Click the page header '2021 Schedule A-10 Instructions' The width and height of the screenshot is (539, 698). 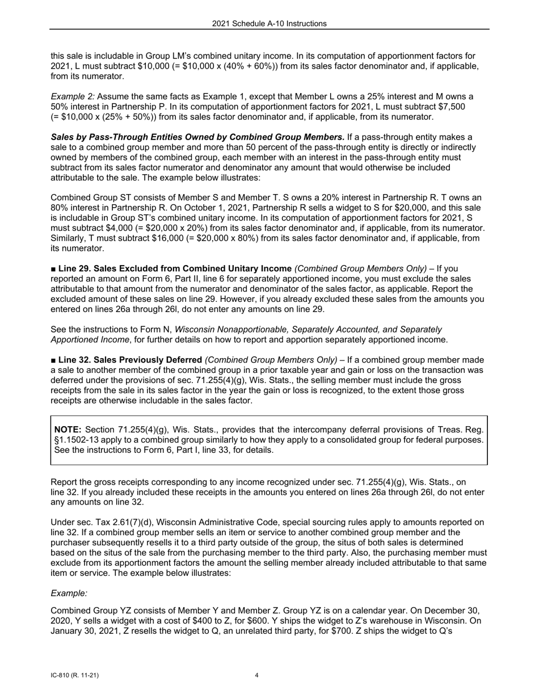[269, 24]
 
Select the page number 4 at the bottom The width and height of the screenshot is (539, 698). [257, 675]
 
